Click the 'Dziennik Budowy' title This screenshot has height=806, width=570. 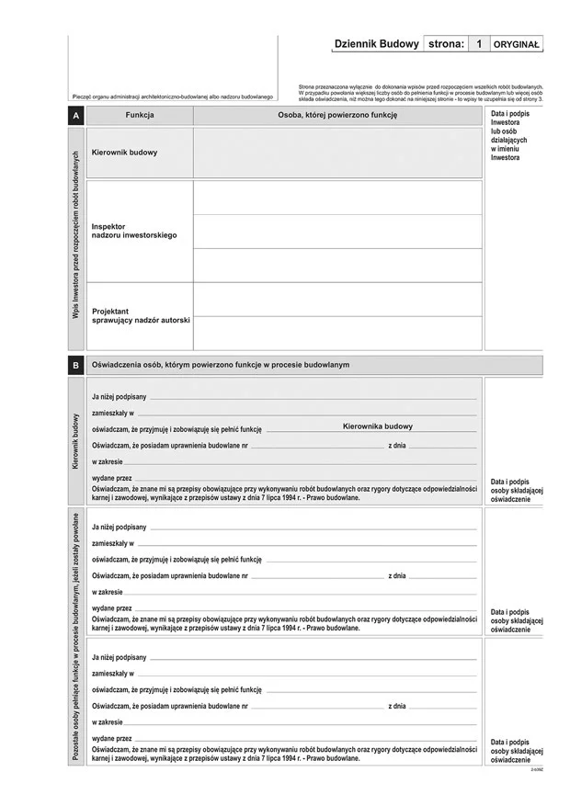(x=376, y=44)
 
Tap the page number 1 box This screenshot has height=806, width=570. (x=478, y=44)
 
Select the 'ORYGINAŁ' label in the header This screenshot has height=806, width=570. (x=518, y=44)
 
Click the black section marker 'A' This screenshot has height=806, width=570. (x=75, y=116)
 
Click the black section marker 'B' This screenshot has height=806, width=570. (x=75, y=365)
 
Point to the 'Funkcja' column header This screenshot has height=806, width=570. (x=140, y=116)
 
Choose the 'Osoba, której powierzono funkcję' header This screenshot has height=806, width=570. (x=337, y=116)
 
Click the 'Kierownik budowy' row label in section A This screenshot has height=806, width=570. (x=124, y=153)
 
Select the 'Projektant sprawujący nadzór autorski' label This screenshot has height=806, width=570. (x=141, y=315)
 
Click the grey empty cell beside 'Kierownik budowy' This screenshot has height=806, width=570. (x=337, y=153)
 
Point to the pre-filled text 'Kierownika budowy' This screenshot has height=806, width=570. (x=378, y=426)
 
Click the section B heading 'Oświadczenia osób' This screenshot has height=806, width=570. (x=221, y=365)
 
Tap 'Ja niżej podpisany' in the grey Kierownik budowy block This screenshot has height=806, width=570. (x=119, y=396)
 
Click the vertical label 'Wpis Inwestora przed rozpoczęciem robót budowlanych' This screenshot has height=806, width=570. (x=75, y=234)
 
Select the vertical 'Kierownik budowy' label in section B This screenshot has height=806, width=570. (x=75, y=441)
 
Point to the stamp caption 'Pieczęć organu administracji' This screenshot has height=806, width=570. (x=173, y=96)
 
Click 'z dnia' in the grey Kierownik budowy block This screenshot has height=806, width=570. (x=397, y=445)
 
